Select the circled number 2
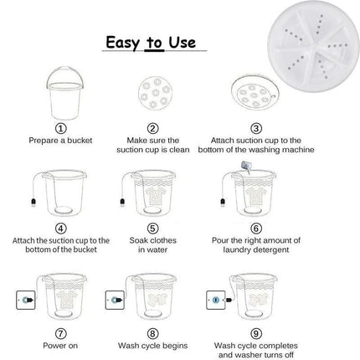[x=153, y=128]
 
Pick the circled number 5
[x=152, y=227]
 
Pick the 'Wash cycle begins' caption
[x=152, y=345]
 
